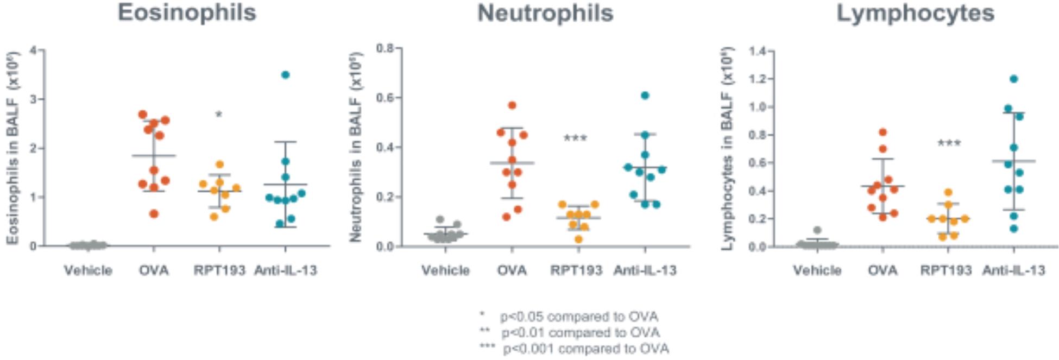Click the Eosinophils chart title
187,12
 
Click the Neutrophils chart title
545,13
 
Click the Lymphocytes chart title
915,13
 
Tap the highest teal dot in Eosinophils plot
286,75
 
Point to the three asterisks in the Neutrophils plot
575,139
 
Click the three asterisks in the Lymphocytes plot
949,144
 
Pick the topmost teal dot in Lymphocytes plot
1013,79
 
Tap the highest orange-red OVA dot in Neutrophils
512,105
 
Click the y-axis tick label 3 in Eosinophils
34,99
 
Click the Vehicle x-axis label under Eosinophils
88,270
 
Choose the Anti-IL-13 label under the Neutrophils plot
645,270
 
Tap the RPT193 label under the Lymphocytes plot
946,270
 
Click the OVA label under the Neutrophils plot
512,270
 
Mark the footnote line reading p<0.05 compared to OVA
579,317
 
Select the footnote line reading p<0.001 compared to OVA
585,349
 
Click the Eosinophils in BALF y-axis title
14,148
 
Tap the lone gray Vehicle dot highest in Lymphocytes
817,230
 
